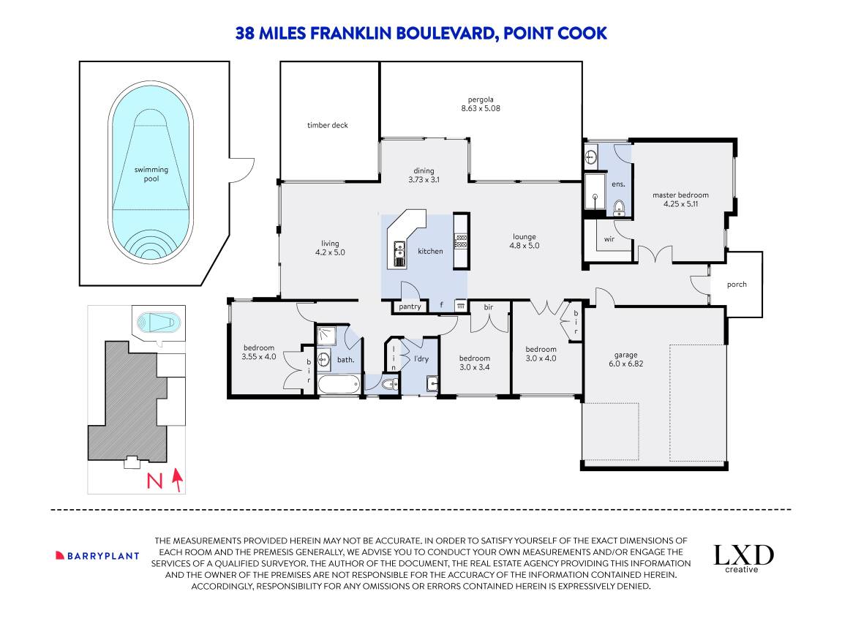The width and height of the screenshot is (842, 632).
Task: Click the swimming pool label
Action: tap(151, 174)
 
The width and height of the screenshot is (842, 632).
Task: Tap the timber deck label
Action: tap(328, 125)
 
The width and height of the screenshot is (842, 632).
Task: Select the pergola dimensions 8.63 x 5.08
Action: tap(481, 108)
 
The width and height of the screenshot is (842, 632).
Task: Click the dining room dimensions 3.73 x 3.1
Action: tap(424, 180)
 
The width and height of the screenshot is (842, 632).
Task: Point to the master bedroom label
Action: tap(680, 195)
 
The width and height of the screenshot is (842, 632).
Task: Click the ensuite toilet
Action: tap(619, 208)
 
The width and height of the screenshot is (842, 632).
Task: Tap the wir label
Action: tap(609, 239)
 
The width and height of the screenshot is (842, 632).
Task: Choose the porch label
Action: tap(737, 285)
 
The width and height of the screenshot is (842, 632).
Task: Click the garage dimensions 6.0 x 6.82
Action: tap(626, 364)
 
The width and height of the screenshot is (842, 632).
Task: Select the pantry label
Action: tap(410, 306)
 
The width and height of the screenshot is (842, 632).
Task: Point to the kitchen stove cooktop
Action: tap(461, 241)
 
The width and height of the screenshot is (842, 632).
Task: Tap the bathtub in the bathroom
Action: tap(339, 385)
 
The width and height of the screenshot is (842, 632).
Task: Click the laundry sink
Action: tap(432, 384)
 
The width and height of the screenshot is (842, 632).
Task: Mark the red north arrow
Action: tap(177, 480)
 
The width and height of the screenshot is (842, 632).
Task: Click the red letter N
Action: tap(154, 481)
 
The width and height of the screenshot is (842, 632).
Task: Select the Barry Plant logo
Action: tap(97, 556)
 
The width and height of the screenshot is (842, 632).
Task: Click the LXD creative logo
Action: tap(743, 558)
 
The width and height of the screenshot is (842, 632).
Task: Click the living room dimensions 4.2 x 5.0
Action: tap(330, 252)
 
